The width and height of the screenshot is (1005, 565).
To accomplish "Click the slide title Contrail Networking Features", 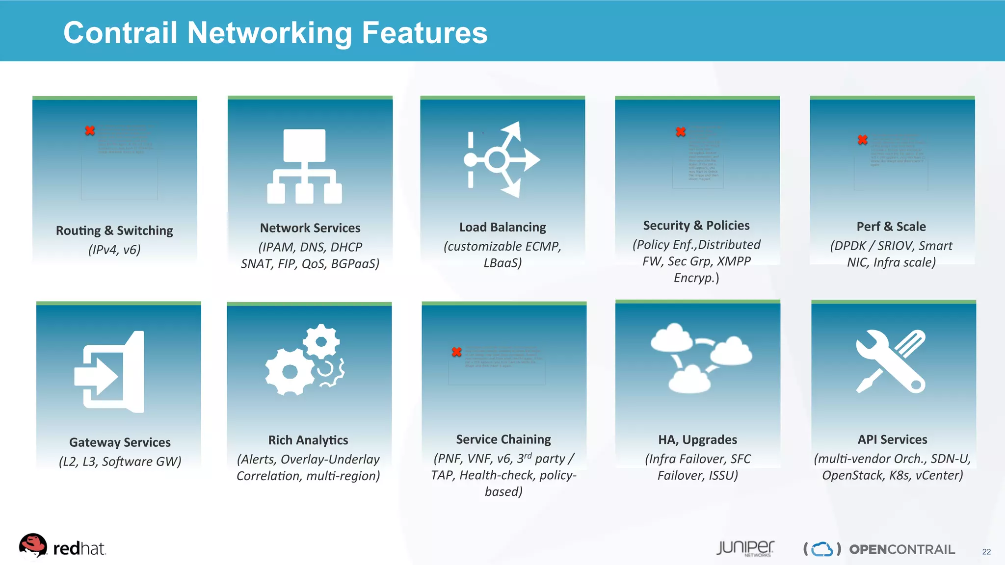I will point(275,33).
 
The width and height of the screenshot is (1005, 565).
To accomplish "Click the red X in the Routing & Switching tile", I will point(90,130).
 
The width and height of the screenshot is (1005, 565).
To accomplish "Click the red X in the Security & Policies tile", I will point(681,131).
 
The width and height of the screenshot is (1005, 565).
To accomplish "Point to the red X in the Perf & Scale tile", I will point(863,140).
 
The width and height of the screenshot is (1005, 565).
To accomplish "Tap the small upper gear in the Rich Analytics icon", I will point(321,341).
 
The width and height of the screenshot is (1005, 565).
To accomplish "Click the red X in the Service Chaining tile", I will point(457,352).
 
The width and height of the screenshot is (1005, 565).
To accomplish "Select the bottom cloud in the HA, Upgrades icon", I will point(689,380).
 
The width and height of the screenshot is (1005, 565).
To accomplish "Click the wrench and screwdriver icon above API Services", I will point(891,361).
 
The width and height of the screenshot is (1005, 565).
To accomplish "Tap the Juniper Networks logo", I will point(745,548).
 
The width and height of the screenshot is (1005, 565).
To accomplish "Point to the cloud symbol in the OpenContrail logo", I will point(822,549).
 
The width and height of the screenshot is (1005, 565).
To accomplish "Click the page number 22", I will point(986,552).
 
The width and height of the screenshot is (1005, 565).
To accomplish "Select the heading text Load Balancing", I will point(502,227).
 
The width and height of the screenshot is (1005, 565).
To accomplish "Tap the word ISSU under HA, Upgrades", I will point(723,475).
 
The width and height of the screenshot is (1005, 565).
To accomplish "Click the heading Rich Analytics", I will point(308,440).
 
